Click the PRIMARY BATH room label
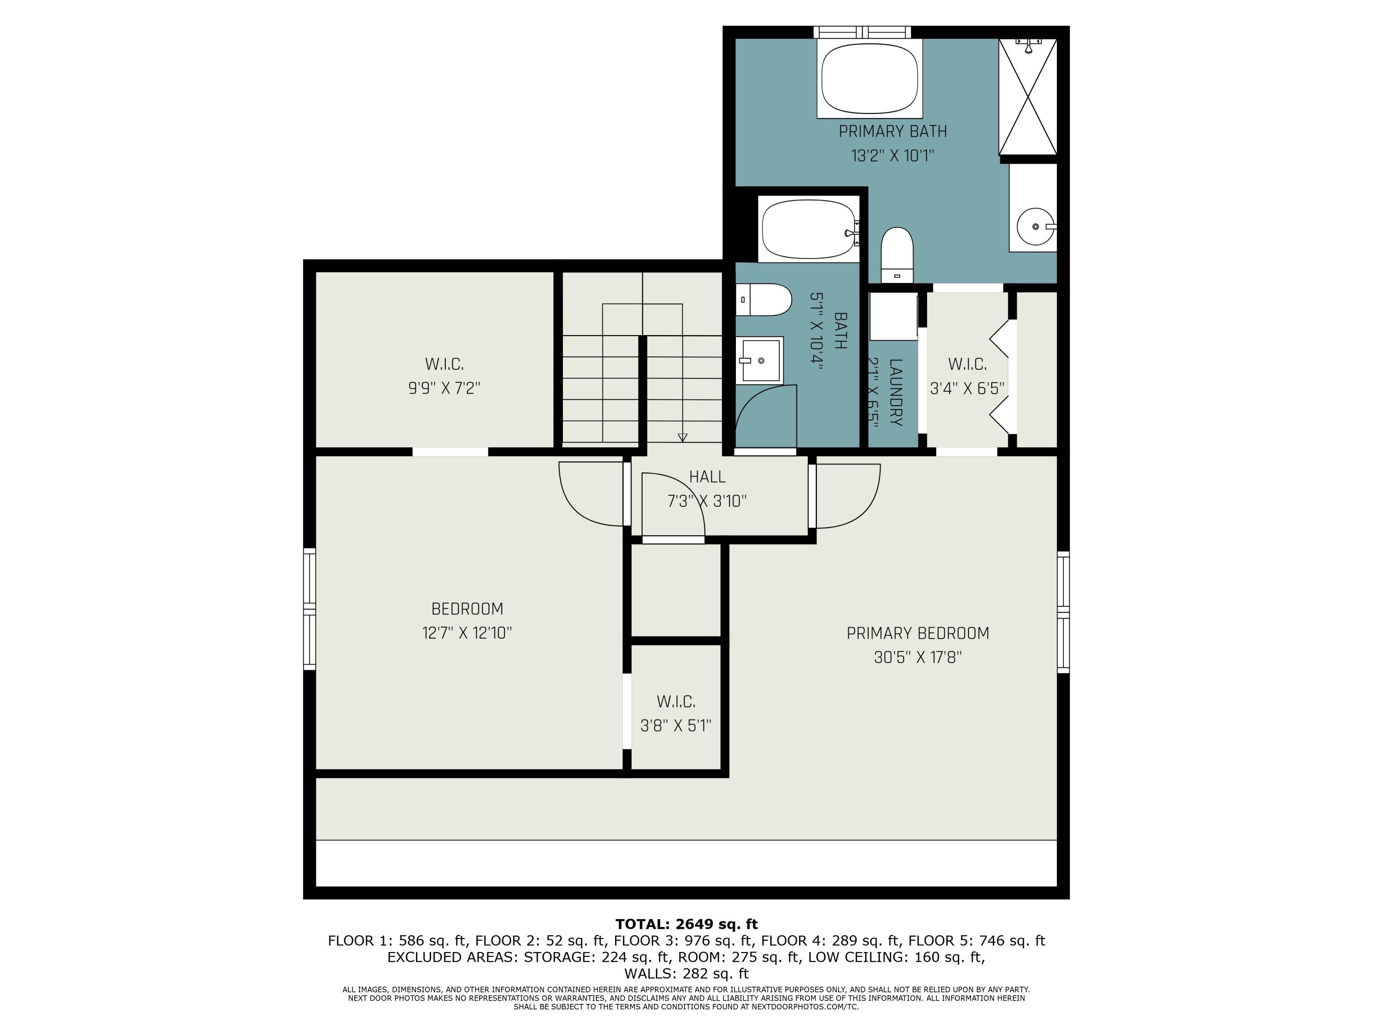tap(892, 132)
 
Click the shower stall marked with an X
tap(1027, 96)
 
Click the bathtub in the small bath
tap(808, 228)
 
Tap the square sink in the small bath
tap(760, 361)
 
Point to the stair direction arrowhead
tap(682, 437)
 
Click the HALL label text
tap(707, 477)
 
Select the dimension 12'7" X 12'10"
tap(467, 633)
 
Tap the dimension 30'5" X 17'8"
tap(918, 657)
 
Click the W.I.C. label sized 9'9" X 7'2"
tap(444, 364)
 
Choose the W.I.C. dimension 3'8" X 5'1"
tap(676, 725)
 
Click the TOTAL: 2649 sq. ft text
tap(686, 924)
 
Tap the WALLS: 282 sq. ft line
tap(686, 974)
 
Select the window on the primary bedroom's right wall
tap(1063, 612)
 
